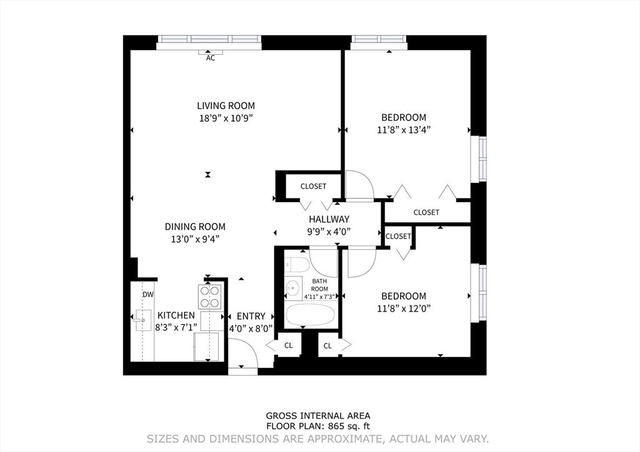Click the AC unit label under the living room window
click(x=210, y=58)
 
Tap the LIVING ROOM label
click(x=226, y=106)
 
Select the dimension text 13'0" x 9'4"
click(x=194, y=238)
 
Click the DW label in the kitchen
click(x=147, y=295)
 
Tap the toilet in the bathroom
click(x=296, y=264)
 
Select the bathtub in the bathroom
click(x=311, y=315)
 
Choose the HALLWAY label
click(x=329, y=219)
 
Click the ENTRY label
click(x=251, y=316)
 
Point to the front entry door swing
click(x=244, y=354)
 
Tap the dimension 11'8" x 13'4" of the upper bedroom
click(x=404, y=129)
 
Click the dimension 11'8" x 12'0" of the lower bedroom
click(x=404, y=308)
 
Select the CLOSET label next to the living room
click(x=313, y=186)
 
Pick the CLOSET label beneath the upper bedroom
click(x=426, y=212)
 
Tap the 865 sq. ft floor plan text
click(x=318, y=426)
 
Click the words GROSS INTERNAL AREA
click(x=318, y=416)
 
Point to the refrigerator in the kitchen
click(x=206, y=346)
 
